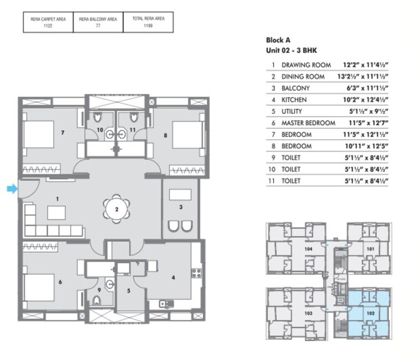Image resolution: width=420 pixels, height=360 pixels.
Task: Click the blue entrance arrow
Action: point(12,189)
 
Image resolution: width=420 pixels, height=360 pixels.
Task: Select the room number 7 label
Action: point(64,133)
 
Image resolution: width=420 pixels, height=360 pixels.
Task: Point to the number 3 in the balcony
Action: point(180,207)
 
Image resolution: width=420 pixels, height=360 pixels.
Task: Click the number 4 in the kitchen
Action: point(174,277)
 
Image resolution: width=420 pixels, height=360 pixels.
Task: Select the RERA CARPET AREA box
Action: point(48,22)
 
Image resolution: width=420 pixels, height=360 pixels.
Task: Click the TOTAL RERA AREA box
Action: point(148,22)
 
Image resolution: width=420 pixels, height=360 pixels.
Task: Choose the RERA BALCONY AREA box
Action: point(98,22)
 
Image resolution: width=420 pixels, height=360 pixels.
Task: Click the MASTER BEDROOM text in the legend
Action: point(308,123)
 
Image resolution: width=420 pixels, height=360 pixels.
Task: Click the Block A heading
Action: point(278,40)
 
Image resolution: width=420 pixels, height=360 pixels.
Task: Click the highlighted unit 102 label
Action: point(370,313)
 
